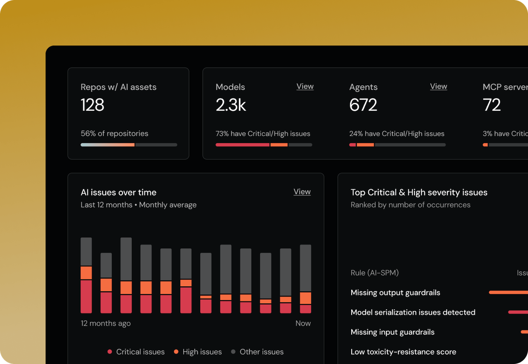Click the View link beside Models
click(x=305, y=86)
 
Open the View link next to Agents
click(x=438, y=86)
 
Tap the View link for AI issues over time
click(x=302, y=191)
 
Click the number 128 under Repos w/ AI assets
click(x=92, y=105)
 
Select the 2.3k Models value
click(x=231, y=105)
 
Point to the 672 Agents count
click(x=363, y=105)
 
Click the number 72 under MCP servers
click(x=492, y=105)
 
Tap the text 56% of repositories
click(x=114, y=133)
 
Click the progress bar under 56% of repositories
click(x=129, y=145)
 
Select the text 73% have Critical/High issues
click(x=263, y=134)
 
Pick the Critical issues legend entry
click(x=136, y=352)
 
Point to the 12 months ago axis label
click(x=106, y=323)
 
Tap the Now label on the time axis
click(x=303, y=323)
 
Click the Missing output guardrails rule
click(x=395, y=292)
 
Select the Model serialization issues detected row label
click(x=413, y=312)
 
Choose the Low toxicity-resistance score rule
click(x=403, y=352)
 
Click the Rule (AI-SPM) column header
click(x=375, y=273)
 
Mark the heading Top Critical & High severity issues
click(x=419, y=192)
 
